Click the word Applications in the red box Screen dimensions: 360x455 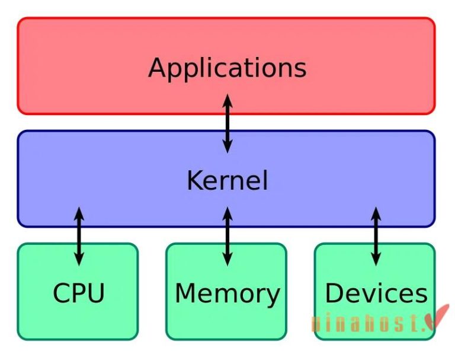click(227, 68)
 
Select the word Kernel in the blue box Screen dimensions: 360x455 click(227, 180)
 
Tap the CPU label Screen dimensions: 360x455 click(78, 293)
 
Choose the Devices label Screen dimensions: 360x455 click(376, 294)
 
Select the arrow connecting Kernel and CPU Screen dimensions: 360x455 click(79, 235)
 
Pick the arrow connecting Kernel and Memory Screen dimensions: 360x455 click(227, 235)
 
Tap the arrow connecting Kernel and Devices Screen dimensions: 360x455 click(376, 235)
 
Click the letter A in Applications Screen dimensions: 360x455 click(158, 67)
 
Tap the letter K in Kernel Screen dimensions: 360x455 click(194, 180)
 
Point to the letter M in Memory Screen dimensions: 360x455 click(186, 293)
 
